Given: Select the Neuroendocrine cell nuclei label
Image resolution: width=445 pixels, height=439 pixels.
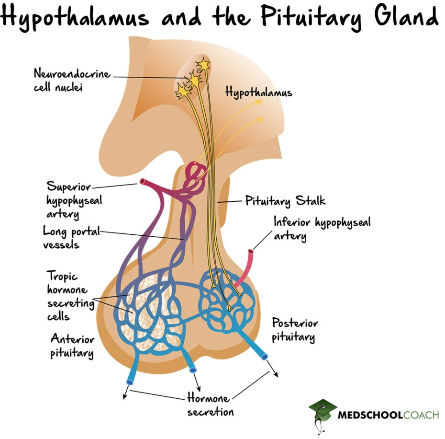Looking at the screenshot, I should click(71, 81).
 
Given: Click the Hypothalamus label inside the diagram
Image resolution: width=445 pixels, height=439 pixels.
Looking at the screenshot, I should click(258, 92).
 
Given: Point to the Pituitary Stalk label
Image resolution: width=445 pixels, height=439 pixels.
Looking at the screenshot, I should click(285, 200).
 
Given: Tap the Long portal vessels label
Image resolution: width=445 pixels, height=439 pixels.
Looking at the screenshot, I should click(71, 238).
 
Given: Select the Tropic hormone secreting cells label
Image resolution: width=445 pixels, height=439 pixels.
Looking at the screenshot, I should click(67, 296).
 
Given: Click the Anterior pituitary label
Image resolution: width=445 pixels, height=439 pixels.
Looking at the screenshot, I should click(72, 346).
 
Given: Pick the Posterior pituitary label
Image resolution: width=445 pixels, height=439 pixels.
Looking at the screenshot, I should click(295, 330).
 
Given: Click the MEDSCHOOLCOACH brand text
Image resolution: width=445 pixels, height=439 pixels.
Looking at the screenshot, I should click(388, 415).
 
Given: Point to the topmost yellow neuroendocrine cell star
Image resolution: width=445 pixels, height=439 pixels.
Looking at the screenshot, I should click(204, 63).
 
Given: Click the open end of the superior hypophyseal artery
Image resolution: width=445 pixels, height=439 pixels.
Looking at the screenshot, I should click(142, 182).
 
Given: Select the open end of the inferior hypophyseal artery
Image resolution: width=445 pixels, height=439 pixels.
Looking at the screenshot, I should click(250, 251).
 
